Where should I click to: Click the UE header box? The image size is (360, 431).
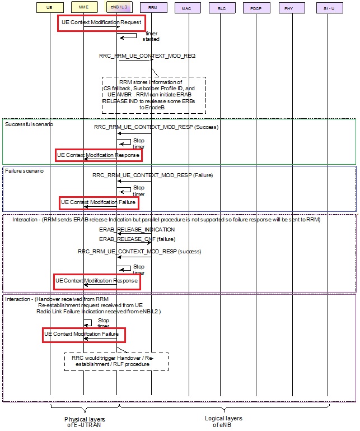point(50,8)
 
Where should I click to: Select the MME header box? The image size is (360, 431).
point(83,8)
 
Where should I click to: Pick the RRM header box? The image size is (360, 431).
point(152,8)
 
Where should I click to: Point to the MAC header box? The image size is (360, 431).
point(186,8)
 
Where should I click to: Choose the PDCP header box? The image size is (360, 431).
point(255,8)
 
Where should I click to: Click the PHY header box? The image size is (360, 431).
point(289,8)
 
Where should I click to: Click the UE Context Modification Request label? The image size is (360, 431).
point(101,23)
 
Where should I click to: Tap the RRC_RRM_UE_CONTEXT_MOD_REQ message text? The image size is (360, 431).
point(146,56)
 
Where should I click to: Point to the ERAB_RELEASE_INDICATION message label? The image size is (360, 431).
point(137,229)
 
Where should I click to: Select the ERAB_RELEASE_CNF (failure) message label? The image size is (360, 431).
point(137,239)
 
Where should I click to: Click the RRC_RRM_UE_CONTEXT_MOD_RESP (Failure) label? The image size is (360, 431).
point(153,175)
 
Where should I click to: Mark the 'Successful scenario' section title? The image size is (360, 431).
point(29,124)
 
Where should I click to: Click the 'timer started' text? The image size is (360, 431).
point(148,36)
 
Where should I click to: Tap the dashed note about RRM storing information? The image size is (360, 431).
point(154,95)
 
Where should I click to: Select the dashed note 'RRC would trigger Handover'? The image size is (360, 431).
point(116,361)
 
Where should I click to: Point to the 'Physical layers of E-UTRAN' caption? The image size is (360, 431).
point(85,421)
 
